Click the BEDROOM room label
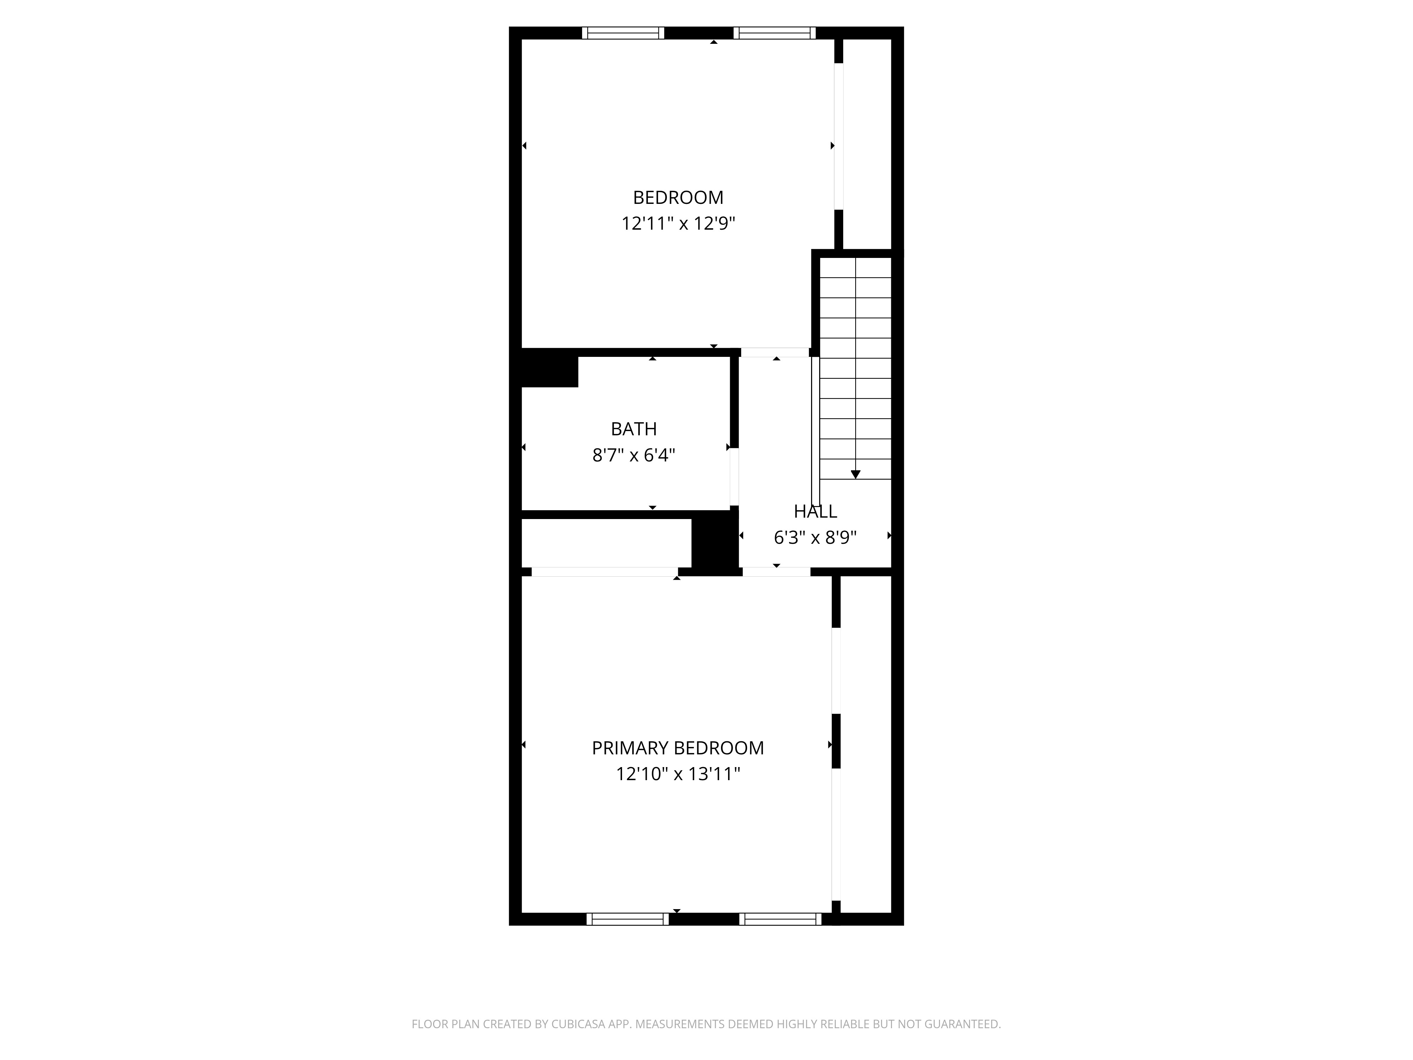678,198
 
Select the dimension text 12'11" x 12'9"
678,224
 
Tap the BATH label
634,429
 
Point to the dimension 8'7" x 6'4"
634,455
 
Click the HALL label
815,511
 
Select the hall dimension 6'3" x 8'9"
815,537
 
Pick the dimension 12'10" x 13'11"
678,774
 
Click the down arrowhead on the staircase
855,474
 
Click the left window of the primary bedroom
627,919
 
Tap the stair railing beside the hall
815,431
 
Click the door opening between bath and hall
735,477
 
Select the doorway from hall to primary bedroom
776,572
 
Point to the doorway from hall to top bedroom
775,352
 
